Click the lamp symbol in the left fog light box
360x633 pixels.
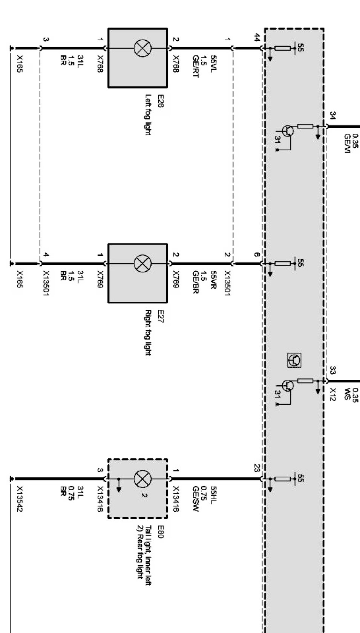coord(142,48)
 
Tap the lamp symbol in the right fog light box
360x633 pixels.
coord(142,263)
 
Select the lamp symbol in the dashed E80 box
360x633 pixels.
coord(142,479)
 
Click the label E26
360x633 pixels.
coord(160,101)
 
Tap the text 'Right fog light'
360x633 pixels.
coord(148,332)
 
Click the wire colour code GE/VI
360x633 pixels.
coord(347,144)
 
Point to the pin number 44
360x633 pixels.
coord(257,37)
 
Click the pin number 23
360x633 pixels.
coord(257,468)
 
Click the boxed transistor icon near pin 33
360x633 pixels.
coord(294,360)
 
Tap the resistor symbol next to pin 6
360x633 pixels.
coord(282,263)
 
